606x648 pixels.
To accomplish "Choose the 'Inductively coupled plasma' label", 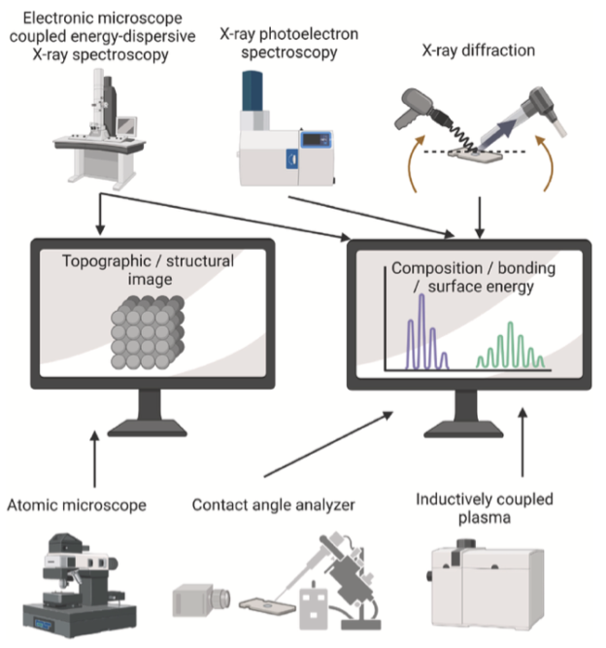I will coord(484,507).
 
